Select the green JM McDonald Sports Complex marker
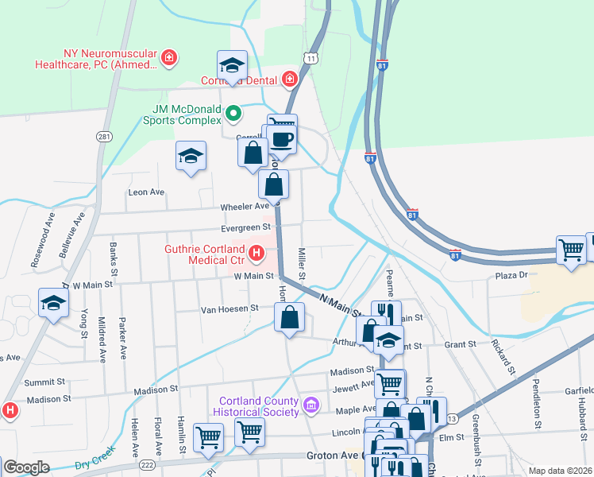tap(233, 114)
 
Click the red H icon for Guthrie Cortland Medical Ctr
tap(256, 254)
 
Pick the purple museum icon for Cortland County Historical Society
tap(310, 406)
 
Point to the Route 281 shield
tap(104, 137)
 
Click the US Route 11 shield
tap(310, 59)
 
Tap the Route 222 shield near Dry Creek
tap(148, 463)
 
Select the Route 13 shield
tap(452, 419)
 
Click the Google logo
tap(27, 467)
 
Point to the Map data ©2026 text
tap(560, 471)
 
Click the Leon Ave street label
tap(146, 192)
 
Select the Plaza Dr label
tap(511, 275)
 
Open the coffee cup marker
tap(281, 138)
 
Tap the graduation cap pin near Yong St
tap(53, 303)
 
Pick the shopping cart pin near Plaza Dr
tap(571, 250)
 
